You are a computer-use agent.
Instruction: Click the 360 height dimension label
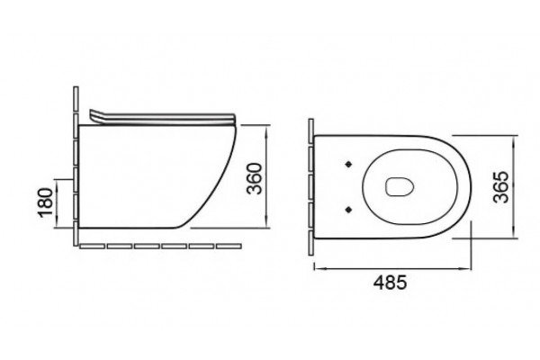[x=256, y=178]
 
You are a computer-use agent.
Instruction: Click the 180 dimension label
[x=46, y=202]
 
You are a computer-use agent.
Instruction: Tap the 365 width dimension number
[x=500, y=186]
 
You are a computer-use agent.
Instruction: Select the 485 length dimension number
[x=391, y=283]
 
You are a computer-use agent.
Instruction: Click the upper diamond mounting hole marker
[x=349, y=165]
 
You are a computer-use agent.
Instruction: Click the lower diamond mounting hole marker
[x=349, y=209]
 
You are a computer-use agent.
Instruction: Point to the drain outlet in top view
[x=399, y=186]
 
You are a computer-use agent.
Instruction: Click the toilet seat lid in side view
[x=163, y=118]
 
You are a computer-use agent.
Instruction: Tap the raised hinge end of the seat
[x=94, y=115]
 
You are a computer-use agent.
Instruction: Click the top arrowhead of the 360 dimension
[x=266, y=129]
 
